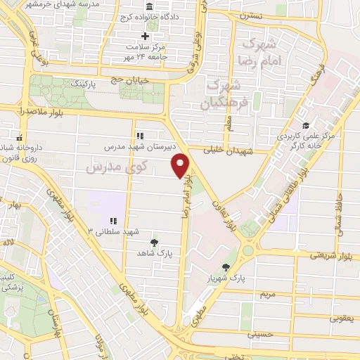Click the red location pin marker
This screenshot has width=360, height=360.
(x=181, y=165)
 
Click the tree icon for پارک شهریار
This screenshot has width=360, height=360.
(x=226, y=267)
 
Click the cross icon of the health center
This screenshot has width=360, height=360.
(x=146, y=36)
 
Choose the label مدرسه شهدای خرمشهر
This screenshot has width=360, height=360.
(x=67, y=4)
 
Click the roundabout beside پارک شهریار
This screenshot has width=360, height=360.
(x=248, y=250)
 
